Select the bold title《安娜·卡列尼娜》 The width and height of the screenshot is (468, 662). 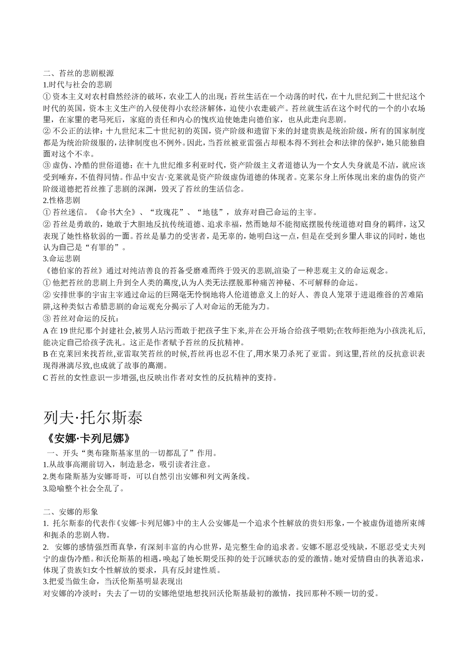[88, 438]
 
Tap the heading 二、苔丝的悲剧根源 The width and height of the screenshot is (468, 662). [78, 73]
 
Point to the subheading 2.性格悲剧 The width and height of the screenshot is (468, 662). [62, 201]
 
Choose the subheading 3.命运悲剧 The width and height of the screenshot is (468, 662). [62, 259]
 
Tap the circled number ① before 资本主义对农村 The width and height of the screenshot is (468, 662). [47, 96]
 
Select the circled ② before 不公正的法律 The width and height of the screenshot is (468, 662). [47, 131]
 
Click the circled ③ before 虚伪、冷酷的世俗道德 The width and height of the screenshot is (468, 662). [47, 166]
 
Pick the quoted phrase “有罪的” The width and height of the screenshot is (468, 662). [105, 247]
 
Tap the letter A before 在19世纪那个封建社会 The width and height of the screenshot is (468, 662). [46, 331]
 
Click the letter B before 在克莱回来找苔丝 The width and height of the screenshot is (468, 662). [46, 354]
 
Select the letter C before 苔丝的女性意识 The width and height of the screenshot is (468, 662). [46, 378]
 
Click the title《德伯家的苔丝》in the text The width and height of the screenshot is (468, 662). [73, 271]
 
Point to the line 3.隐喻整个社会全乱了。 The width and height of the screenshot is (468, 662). [84, 488]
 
